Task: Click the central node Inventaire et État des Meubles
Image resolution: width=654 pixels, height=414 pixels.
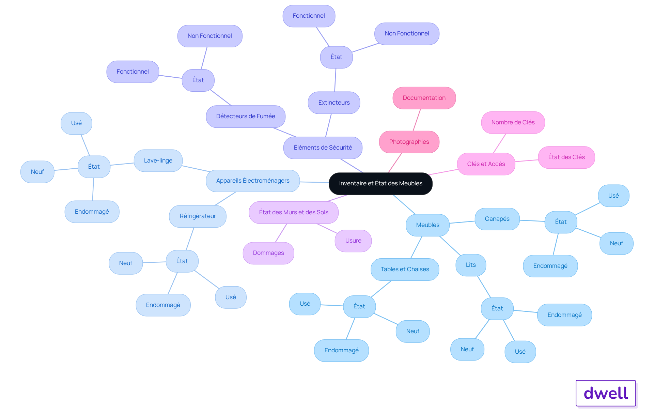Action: click(x=380, y=184)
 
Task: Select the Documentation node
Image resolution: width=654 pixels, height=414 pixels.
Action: click(x=424, y=98)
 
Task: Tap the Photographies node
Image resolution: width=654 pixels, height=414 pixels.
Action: click(x=409, y=142)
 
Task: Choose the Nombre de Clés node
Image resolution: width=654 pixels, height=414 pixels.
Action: click(x=513, y=123)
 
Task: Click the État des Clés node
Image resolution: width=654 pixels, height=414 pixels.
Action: click(x=566, y=157)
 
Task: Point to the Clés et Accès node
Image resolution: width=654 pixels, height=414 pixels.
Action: click(x=486, y=164)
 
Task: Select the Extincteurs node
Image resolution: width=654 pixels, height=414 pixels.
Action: click(x=334, y=103)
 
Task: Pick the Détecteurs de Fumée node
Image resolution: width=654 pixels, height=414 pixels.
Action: click(x=246, y=117)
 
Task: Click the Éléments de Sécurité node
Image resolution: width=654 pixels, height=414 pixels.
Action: click(x=323, y=148)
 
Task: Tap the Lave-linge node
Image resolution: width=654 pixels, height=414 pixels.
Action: click(x=158, y=161)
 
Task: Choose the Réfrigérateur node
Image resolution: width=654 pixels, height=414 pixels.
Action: click(x=198, y=216)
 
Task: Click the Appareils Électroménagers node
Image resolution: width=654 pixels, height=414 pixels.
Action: click(x=253, y=181)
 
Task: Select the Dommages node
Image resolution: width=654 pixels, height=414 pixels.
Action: click(x=268, y=253)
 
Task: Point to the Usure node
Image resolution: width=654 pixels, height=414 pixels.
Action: click(x=353, y=241)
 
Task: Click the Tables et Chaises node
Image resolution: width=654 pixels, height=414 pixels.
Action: click(x=405, y=270)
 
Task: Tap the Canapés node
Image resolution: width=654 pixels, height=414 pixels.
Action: click(x=497, y=219)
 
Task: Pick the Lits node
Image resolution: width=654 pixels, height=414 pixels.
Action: click(x=471, y=265)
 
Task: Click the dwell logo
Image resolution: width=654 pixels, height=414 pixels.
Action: click(x=606, y=393)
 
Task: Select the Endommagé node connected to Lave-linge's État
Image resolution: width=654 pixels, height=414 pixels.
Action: click(x=92, y=212)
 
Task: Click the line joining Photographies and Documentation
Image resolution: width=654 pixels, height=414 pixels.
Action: click(x=417, y=120)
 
